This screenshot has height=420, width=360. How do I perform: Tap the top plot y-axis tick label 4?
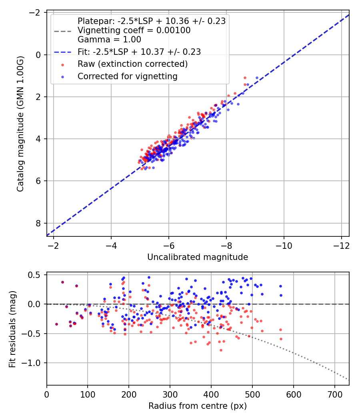tap(38, 139)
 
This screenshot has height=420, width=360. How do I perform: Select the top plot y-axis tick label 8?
tap(38, 223)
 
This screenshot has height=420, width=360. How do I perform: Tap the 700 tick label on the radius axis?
tap(334, 394)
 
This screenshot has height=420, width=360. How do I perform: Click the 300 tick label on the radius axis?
tap(170, 394)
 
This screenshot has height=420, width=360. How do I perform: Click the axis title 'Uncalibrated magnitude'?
tap(198, 257)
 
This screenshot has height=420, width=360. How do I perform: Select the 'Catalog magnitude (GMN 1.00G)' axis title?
tap(20, 124)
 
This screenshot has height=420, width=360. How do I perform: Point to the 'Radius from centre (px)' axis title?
tap(198, 406)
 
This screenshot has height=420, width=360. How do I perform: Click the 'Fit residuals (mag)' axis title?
tap(12, 329)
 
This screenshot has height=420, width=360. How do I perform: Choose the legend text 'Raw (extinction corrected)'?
tap(132, 64)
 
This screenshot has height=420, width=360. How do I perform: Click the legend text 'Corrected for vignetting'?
tap(128, 76)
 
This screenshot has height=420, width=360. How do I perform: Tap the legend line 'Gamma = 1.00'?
tap(109, 40)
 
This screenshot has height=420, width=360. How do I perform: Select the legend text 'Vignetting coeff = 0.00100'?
tap(134, 30)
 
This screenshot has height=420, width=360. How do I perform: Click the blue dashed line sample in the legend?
tap(63, 52)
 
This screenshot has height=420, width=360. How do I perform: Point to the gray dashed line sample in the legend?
tap(63, 31)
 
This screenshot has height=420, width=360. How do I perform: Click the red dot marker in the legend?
tap(63, 65)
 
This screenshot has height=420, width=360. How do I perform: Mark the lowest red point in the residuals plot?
tap(221, 350)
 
